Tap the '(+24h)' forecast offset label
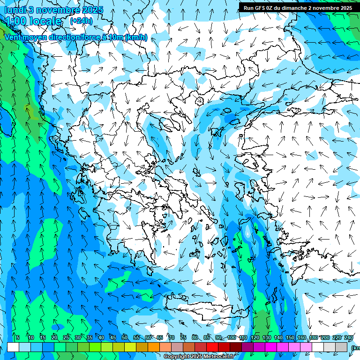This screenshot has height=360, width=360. [x=81, y=21]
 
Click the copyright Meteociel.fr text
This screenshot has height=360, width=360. [x=199, y=357]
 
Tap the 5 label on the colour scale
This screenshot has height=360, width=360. [x=18, y=337]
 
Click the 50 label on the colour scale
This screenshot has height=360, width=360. [x=124, y=337]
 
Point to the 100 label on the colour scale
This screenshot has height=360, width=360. [x=231, y=337]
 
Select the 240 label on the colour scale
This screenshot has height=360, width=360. [x=348, y=337]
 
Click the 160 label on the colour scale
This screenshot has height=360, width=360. [x=302, y=337]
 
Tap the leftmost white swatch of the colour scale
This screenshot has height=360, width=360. [x=13, y=347]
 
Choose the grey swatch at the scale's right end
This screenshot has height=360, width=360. [x=342, y=347]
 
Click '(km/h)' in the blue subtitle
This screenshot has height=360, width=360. [x=136, y=37]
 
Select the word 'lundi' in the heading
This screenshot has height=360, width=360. [x=15, y=10]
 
